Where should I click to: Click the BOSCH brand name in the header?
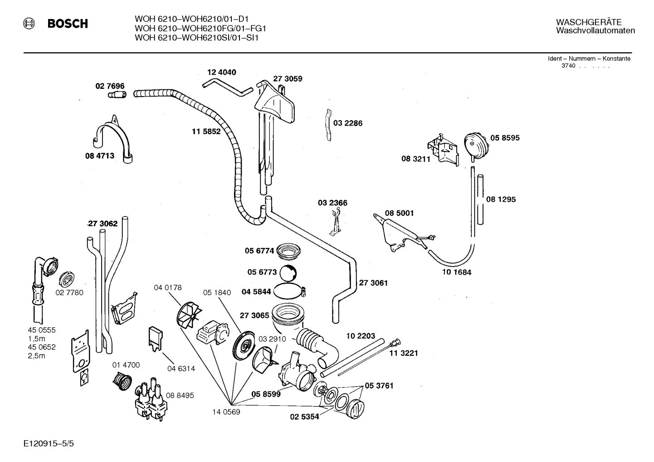tap(68, 24)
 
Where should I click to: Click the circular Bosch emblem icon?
tap(29, 24)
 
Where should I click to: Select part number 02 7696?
tap(110, 86)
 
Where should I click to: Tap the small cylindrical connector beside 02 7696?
tap(117, 95)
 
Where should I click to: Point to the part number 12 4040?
tap(222, 72)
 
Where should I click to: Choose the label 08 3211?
tap(416, 159)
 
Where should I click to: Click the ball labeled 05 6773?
tap(288, 273)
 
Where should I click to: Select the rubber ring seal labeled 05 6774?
tap(288, 251)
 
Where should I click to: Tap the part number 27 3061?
tap(373, 283)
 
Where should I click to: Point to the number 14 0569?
tap(226, 412)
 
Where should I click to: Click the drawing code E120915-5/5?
tap(49, 443)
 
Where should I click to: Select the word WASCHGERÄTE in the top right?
tap(589, 22)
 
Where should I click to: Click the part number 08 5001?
tap(399, 213)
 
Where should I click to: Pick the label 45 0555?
tap(41, 330)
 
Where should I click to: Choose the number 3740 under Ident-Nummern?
tap(568, 66)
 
